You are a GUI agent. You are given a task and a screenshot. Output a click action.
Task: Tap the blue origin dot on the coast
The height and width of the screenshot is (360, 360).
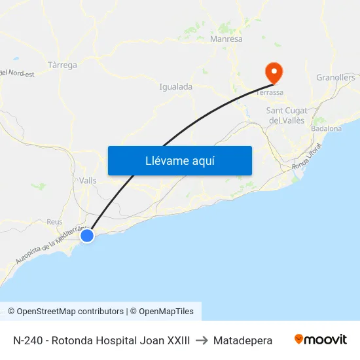(86, 235)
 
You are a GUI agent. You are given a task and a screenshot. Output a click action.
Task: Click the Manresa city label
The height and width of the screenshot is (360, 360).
(226, 39)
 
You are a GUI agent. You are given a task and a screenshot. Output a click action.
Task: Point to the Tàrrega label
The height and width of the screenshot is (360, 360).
(63, 65)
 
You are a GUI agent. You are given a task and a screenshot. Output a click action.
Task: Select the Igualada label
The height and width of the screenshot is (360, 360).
(175, 86)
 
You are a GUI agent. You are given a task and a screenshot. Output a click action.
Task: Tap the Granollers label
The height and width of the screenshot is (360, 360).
(335, 77)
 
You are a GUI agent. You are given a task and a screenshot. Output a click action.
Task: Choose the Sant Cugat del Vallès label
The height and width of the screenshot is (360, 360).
(287, 115)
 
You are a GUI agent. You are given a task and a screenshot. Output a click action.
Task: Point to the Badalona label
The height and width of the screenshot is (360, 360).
(327, 129)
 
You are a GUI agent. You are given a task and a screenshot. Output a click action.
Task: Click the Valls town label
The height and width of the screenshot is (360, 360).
(88, 181)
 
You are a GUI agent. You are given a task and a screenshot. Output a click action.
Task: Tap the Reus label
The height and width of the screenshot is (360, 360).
(54, 222)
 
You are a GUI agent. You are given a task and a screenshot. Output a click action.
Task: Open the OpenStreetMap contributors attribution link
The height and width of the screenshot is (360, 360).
(70, 312)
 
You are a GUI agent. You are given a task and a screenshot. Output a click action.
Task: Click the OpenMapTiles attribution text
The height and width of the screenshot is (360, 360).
(166, 312)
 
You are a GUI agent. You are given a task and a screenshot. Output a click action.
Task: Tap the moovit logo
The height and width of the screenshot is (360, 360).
(321, 340)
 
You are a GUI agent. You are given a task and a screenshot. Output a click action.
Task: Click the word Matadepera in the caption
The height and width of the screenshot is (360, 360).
(243, 340)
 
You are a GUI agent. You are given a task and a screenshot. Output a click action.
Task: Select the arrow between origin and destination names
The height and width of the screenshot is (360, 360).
(202, 340)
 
